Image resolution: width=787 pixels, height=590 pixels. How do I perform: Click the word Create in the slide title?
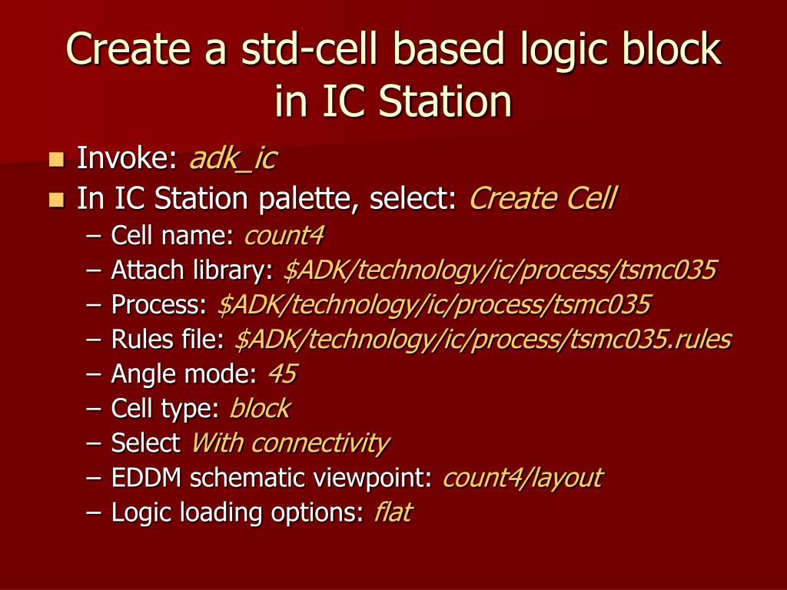(128, 48)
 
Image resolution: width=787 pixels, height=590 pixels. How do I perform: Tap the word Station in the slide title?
(445, 101)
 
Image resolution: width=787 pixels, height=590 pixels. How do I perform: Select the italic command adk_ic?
(233, 158)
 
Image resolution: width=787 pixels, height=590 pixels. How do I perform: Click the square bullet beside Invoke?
(57, 160)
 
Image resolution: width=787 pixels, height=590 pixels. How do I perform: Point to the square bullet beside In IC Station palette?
(57, 200)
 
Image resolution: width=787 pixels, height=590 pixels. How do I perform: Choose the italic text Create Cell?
(543, 198)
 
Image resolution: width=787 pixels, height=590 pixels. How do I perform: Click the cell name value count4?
(284, 235)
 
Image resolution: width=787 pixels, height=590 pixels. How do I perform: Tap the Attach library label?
(192, 270)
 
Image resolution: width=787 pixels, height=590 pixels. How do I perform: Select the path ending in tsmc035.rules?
(483, 339)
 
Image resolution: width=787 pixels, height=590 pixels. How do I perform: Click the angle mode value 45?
(283, 374)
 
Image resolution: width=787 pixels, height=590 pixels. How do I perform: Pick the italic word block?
(260, 408)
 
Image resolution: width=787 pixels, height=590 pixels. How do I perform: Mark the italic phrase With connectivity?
(291, 443)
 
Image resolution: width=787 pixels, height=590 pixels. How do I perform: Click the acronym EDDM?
(146, 478)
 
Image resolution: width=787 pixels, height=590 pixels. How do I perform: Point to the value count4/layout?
(523, 478)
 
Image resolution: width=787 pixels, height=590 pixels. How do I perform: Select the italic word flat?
(393, 512)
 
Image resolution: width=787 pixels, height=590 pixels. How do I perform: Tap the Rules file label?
(168, 339)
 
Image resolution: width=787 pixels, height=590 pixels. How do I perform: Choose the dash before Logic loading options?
(94, 512)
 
